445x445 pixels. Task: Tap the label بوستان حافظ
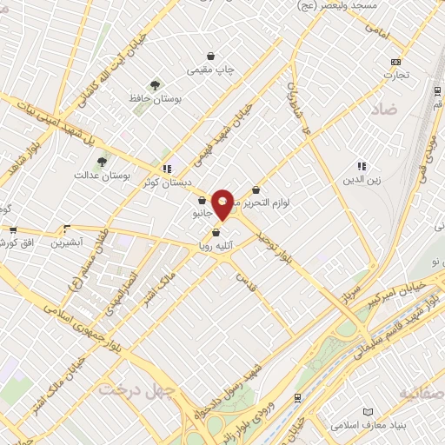click(x=155, y=100)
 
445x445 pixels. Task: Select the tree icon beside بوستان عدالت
click(x=103, y=162)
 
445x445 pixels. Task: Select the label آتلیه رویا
click(x=216, y=247)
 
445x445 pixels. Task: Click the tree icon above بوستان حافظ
click(x=155, y=85)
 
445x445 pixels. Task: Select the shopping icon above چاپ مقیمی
click(x=209, y=56)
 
